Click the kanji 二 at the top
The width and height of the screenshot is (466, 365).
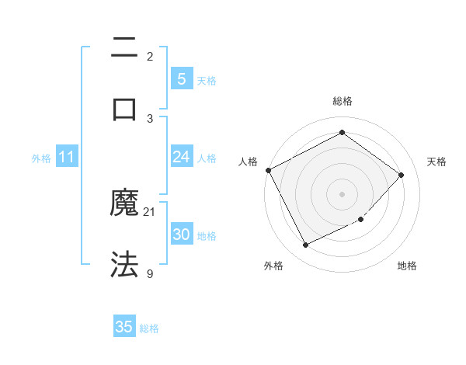point(124,48)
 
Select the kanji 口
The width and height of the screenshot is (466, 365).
point(124,109)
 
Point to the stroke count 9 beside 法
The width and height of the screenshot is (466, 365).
point(150,273)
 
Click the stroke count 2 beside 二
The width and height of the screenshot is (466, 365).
point(150,57)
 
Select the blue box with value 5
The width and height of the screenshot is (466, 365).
point(181,79)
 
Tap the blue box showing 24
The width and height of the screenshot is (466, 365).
point(181,157)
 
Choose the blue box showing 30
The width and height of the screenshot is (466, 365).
point(181,235)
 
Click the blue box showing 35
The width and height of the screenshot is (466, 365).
point(124,327)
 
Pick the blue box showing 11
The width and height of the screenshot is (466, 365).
point(67,157)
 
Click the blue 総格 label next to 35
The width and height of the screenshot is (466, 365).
point(149,328)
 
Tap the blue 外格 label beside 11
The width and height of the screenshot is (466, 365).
point(41,158)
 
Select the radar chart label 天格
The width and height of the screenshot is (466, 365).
point(436,162)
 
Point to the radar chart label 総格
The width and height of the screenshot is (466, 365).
point(342,101)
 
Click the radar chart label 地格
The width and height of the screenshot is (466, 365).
point(407,266)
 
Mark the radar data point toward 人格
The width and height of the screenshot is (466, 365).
point(268,170)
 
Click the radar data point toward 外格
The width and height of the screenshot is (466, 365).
point(305,245)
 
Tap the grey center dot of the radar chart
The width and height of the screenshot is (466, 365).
point(342,194)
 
